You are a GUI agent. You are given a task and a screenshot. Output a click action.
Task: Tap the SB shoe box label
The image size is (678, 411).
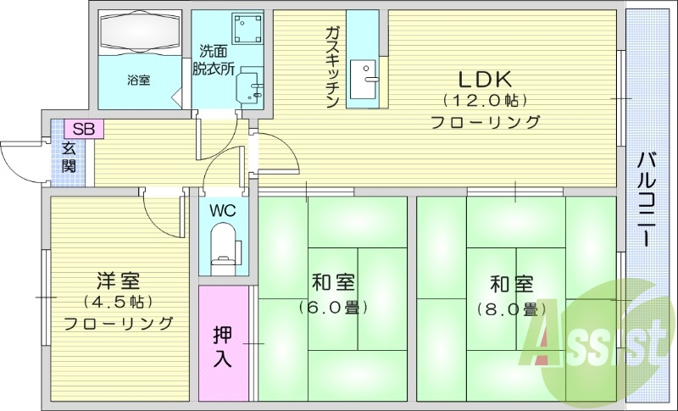83,129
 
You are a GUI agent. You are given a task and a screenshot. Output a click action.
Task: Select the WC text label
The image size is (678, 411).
224,208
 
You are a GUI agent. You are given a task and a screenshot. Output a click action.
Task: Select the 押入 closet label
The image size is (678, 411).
222,345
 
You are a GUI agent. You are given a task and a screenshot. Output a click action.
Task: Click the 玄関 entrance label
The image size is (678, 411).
68,157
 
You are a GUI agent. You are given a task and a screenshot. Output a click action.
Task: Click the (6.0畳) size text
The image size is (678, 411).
333,307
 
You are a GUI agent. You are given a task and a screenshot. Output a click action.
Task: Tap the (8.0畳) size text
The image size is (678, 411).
510,308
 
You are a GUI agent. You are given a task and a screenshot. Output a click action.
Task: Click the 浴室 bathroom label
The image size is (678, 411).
139,81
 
